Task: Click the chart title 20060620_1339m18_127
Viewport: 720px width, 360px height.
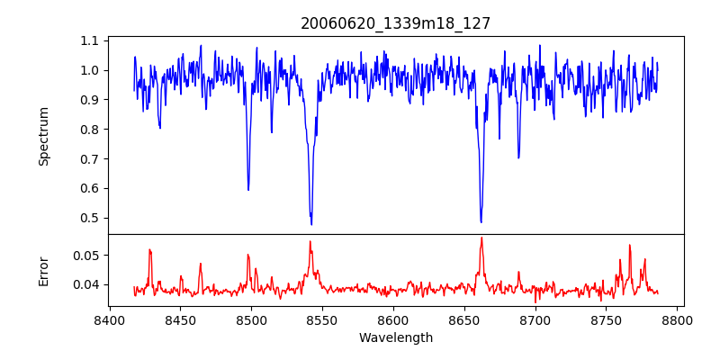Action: pyautogui.click(x=396, y=23)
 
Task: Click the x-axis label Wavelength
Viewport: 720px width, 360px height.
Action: pyautogui.click(x=396, y=337)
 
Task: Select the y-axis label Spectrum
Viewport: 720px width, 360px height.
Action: pyautogui.click(x=44, y=136)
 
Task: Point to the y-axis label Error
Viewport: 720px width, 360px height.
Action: pyautogui.click(x=44, y=270)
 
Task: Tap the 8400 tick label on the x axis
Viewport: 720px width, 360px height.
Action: pyautogui.click(x=109, y=319)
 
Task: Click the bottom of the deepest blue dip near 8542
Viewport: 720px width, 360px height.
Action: pyautogui.click(x=311, y=224)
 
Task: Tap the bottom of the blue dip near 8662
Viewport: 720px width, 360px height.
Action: pyautogui.click(x=481, y=222)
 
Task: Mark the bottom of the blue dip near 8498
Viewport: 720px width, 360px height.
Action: pyautogui.click(x=248, y=190)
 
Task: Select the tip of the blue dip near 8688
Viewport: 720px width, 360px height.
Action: pyautogui.click(x=518, y=158)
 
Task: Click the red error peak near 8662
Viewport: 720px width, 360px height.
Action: pyautogui.click(x=481, y=238)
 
